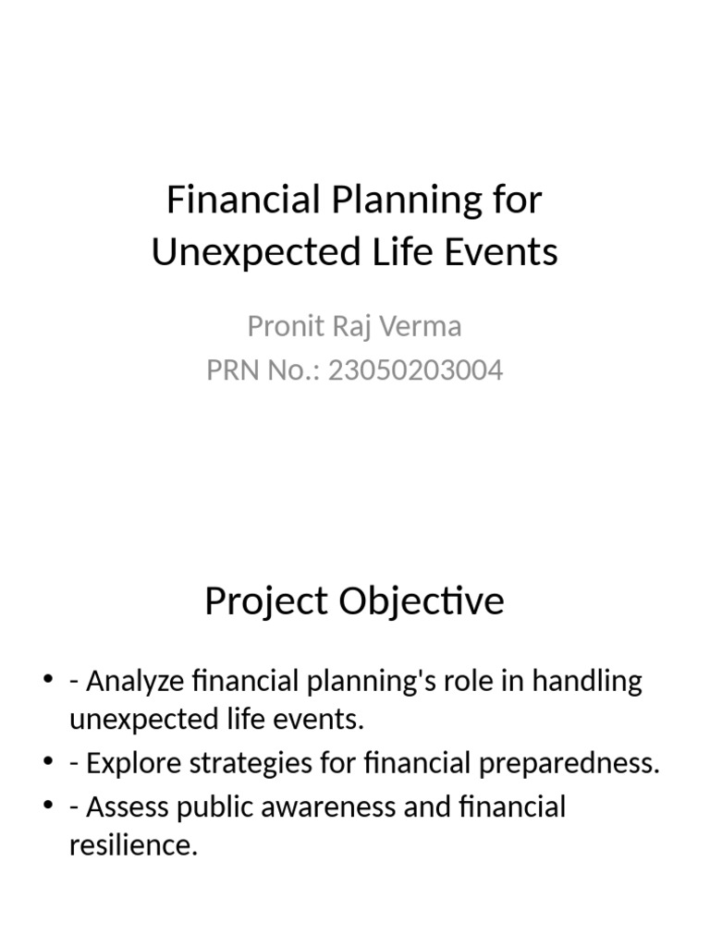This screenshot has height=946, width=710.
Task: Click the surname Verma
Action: (421, 326)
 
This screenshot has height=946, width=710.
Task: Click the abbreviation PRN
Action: (235, 370)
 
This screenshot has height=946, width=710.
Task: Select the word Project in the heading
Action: (266, 601)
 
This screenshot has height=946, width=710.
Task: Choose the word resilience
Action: (133, 844)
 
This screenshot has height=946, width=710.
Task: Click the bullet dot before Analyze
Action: (48, 682)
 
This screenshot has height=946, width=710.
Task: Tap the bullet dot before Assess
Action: (48, 807)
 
